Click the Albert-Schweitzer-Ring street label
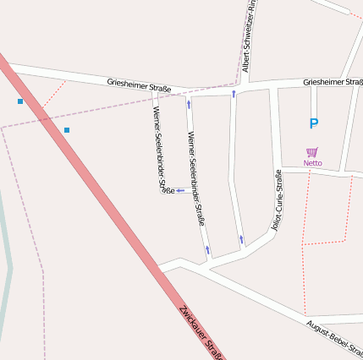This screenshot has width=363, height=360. pos(247,38)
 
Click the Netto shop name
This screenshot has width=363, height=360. pos(313,163)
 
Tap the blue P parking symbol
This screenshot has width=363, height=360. pos(313,124)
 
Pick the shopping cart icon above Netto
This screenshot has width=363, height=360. pos(312,152)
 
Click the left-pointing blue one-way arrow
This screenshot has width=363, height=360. pos(179,190)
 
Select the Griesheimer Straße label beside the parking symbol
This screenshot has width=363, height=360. pos(333,82)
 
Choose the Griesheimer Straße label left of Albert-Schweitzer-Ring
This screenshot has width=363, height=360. pos(139,85)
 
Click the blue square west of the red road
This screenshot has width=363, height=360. pos(20,101)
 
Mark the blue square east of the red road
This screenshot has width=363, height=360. pos(67,129)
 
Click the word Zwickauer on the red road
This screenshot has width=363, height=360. pos(194,324)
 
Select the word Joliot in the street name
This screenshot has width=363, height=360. pos(277,221)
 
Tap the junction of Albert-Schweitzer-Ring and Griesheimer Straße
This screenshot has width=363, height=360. pos(237,89)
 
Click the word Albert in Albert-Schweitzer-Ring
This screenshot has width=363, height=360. pos(245,61)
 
